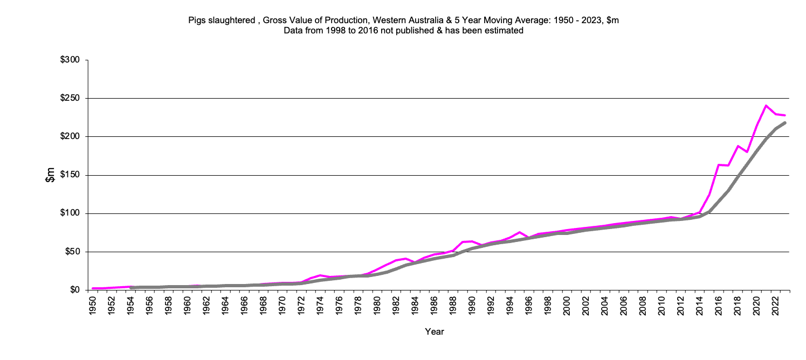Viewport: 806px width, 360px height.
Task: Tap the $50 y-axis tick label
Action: tap(73, 252)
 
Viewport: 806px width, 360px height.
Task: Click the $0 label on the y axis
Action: tap(75, 290)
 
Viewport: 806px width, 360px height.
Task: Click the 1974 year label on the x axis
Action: tap(320, 304)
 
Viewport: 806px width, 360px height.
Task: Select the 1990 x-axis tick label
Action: tap(471, 304)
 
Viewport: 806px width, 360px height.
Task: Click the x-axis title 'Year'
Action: tap(434, 332)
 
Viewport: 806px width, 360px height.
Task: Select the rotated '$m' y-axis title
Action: tap(50, 175)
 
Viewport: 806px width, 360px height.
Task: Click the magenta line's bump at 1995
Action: tap(519, 232)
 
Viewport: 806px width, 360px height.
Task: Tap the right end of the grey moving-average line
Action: tap(785, 123)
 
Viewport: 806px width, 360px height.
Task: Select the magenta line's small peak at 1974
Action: tap(320, 275)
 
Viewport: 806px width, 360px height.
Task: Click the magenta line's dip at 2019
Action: tap(747, 152)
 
